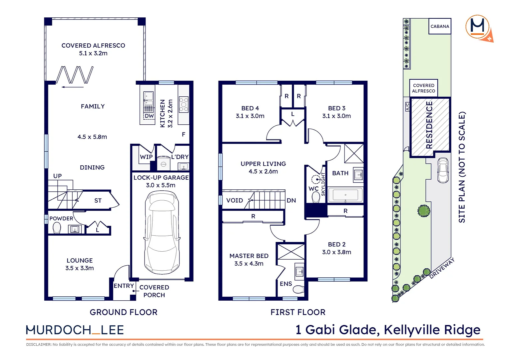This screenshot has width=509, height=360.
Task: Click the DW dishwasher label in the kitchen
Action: click(149, 116)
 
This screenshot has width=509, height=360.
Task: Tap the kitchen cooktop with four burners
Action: click(184, 104)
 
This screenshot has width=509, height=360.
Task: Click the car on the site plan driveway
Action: click(443, 170)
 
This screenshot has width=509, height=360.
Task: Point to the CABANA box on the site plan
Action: click(440, 26)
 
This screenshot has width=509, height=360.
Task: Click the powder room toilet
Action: click(57, 228)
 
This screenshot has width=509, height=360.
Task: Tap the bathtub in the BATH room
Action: click(345, 195)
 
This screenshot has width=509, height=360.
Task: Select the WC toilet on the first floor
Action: click(316, 197)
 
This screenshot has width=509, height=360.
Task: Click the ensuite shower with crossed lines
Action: click(291, 252)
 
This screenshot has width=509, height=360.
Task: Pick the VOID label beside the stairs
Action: click(235, 200)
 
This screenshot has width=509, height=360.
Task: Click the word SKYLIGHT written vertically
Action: click(323, 184)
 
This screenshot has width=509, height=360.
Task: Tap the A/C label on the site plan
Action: click(407, 106)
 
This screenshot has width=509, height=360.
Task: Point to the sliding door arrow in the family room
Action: click(72, 87)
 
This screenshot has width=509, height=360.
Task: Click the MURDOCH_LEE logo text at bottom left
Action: click(75, 330)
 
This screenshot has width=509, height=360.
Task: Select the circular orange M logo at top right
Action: click(477, 27)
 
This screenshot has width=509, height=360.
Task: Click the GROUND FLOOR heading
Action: click(124, 312)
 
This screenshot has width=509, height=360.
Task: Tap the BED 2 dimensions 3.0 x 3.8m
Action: click(336, 252)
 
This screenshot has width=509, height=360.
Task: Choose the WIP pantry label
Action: click(146, 157)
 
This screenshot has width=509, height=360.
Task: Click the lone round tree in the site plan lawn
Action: click(424, 211)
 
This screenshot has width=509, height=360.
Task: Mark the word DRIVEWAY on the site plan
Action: click(442, 268)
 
